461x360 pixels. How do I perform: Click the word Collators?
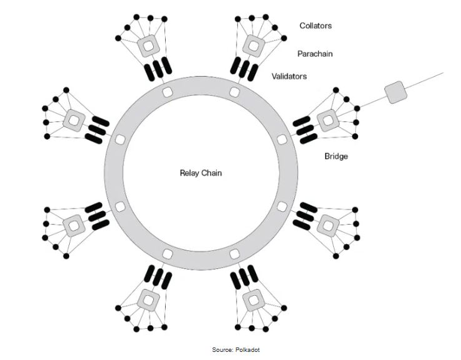click(x=315, y=26)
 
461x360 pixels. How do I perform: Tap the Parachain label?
click(x=315, y=54)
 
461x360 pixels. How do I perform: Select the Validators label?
click(x=289, y=76)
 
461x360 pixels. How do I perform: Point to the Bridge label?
click(x=336, y=156)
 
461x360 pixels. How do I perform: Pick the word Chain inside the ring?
click(x=209, y=172)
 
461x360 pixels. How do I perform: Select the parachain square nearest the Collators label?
click(x=254, y=44)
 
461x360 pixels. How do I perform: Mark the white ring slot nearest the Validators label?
click(x=234, y=92)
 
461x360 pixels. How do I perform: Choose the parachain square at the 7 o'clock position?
click(x=148, y=299)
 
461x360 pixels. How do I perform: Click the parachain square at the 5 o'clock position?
click(x=254, y=299)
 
